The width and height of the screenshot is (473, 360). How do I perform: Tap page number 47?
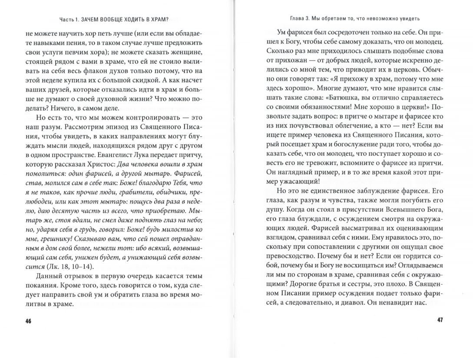pyautogui.click(x=439, y=320)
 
